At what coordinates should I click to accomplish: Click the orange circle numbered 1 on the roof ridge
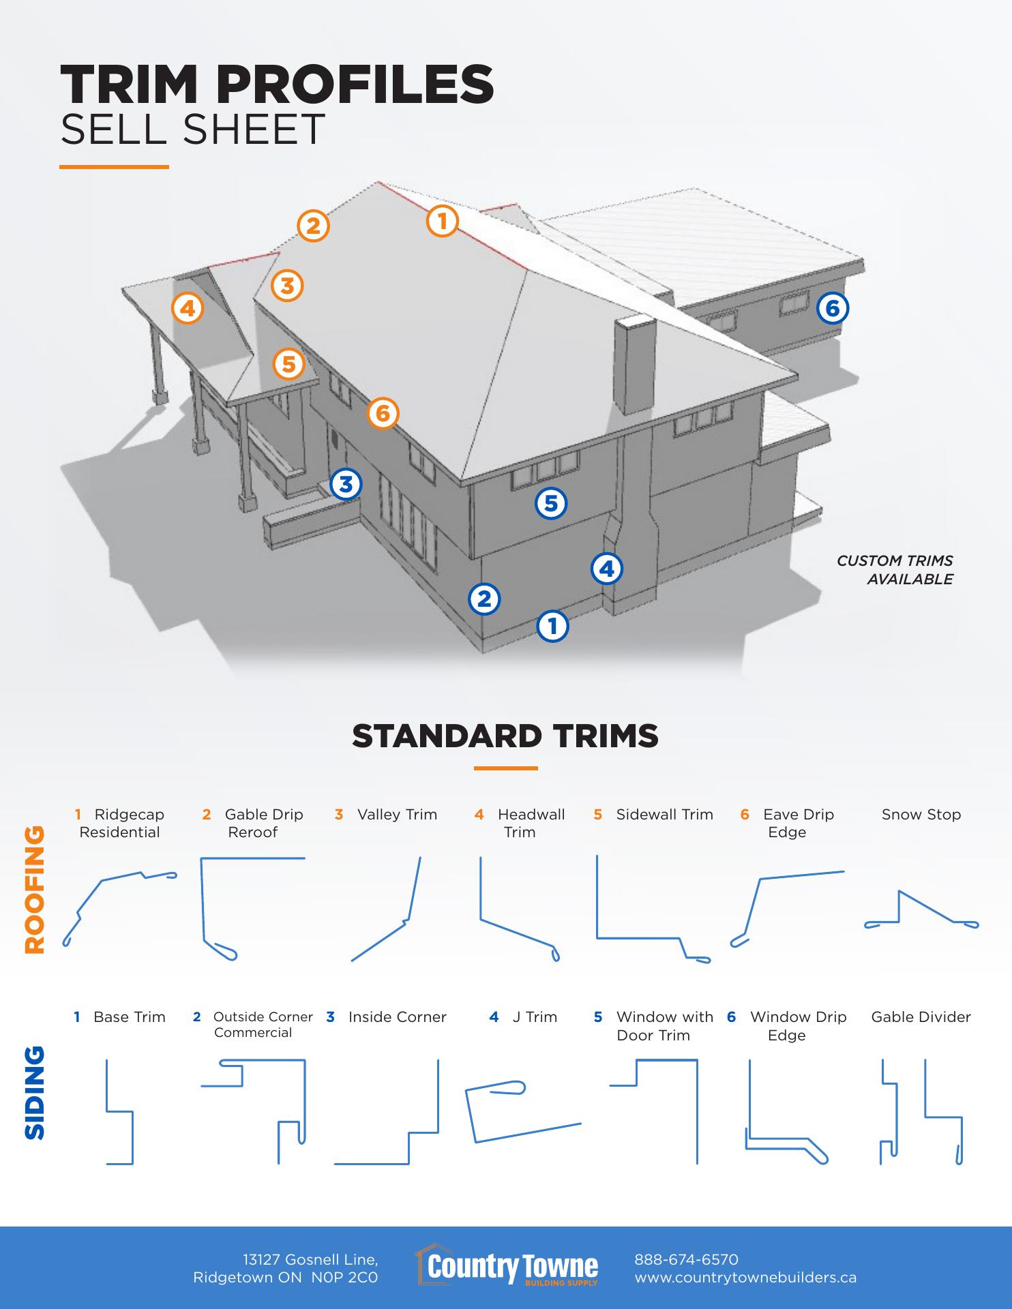[x=443, y=221]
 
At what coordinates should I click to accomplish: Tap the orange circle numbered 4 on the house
[x=188, y=308]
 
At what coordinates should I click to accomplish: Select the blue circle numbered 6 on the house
[x=833, y=308]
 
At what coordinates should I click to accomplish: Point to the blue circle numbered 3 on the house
[x=346, y=484]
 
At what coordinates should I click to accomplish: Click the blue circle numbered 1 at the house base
[x=553, y=625]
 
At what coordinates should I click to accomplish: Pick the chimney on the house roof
[x=635, y=366]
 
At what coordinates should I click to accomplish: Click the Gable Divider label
[x=921, y=1017]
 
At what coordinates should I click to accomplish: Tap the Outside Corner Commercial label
[x=254, y=1025]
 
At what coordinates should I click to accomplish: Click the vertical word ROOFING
[x=34, y=890]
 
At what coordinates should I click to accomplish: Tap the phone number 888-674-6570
[x=687, y=1259]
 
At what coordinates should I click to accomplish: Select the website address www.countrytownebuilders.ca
[x=745, y=1278]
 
